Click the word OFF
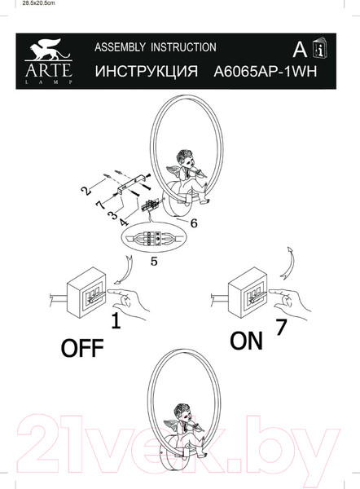click(x=83, y=348)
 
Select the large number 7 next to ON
click(x=281, y=329)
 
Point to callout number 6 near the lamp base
click(x=194, y=222)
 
